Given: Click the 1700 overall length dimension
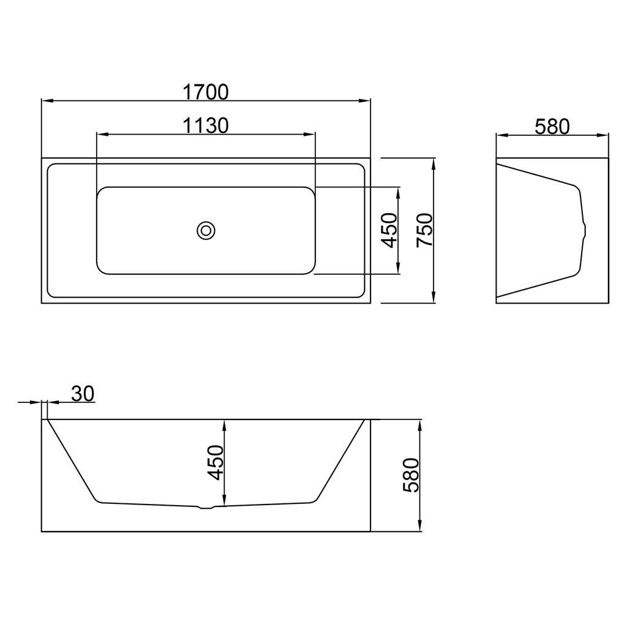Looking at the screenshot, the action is point(206,92).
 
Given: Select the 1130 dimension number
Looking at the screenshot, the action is point(206,126).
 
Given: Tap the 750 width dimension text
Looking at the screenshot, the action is point(425,230).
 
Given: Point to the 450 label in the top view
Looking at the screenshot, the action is point(389,230).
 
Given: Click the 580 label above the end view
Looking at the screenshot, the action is point(552,127).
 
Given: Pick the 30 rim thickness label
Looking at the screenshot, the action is point(83,394).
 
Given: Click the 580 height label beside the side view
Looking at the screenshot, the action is point(411,475).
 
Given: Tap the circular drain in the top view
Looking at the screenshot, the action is point(206,231).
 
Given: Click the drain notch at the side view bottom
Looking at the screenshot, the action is point(206,508).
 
